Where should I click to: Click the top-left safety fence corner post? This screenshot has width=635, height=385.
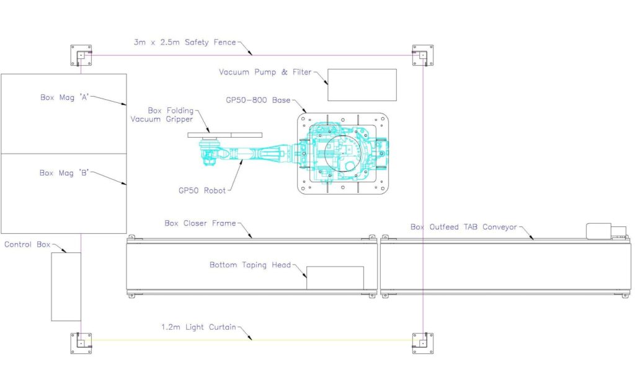coord(81,55)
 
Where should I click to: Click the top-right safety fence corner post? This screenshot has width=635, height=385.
coord(423,55)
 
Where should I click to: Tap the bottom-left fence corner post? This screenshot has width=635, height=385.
coord(81,342)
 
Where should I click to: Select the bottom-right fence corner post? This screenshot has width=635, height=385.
coord(423,342)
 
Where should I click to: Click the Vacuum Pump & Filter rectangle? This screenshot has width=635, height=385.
coord(362,85)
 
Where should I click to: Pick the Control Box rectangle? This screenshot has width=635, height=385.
coord(66,286)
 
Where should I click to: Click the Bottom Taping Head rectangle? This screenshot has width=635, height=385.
coord(335,277)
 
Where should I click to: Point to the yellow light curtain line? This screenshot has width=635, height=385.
coord(310,340)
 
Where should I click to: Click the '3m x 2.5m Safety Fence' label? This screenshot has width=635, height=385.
coord(184,42)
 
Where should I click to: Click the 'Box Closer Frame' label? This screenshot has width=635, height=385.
coord(200,223)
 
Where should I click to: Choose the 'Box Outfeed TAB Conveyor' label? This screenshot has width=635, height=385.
coord(463,227)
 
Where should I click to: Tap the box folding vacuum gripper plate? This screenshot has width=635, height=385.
coord(224,135)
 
